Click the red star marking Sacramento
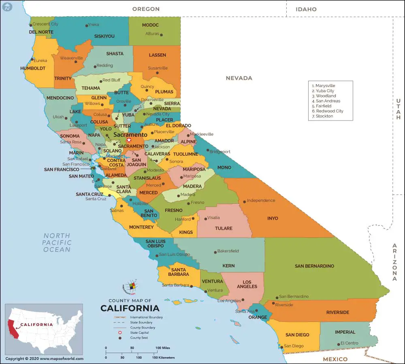click(x=129, y=140)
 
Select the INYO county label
click(x=273, y=218)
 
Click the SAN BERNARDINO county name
click(x=314, y=266)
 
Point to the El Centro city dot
click(x=339, y=344)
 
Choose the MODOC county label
click(x=150, y=25)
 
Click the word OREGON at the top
click(x=146, y=9)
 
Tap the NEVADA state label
click(x=239, y=78)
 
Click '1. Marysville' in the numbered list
click(x=324, y=86)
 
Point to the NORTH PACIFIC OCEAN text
click(x=57, y=242)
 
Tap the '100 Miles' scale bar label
click(x=162, y=348)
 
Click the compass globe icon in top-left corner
click(x=6, y=6)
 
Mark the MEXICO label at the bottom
click(x=335, y=359)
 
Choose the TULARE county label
click(x=224, y=228)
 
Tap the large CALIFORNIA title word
click(x=130, y=308)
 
